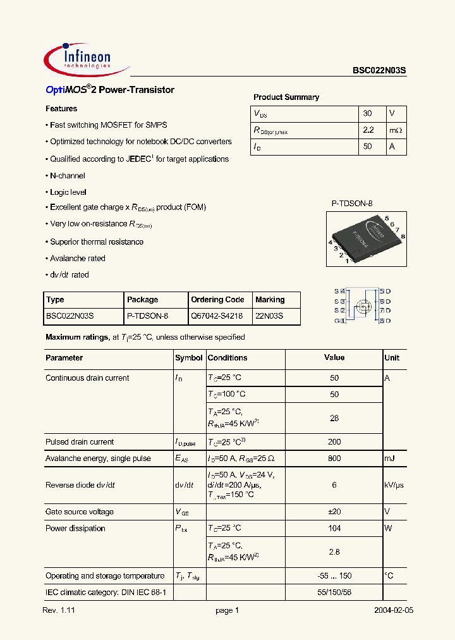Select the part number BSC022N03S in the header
pyautogui.click(x=379, y=72)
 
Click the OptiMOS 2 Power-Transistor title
pyautogui.click(x=110, y=90)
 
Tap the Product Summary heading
pyautogui.click(x=286, y=97)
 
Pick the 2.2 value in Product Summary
pyautogui.click(x=369, y=130)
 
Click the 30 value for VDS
pyautogui.click(x=368, y=114)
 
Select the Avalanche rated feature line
pyautogui.click(x=78, y=258)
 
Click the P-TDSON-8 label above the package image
pyautogui.click(x=352, y=204)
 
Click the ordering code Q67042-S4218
pyautogui.click(x=217, y=316)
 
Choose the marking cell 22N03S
pyautogui.click(x=269, y=316)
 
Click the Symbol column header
pyautogui.click(x=188, y=358)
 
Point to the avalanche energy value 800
pyautogui.click(x=334, y=458)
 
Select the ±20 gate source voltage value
pyautogui.click(x=334, y=512)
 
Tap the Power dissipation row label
pyautogui.click(x=75, y=529)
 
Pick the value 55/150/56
pyautogui.click(x=334, y=593)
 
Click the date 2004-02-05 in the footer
pyautogui.click(x=393, y=611)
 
